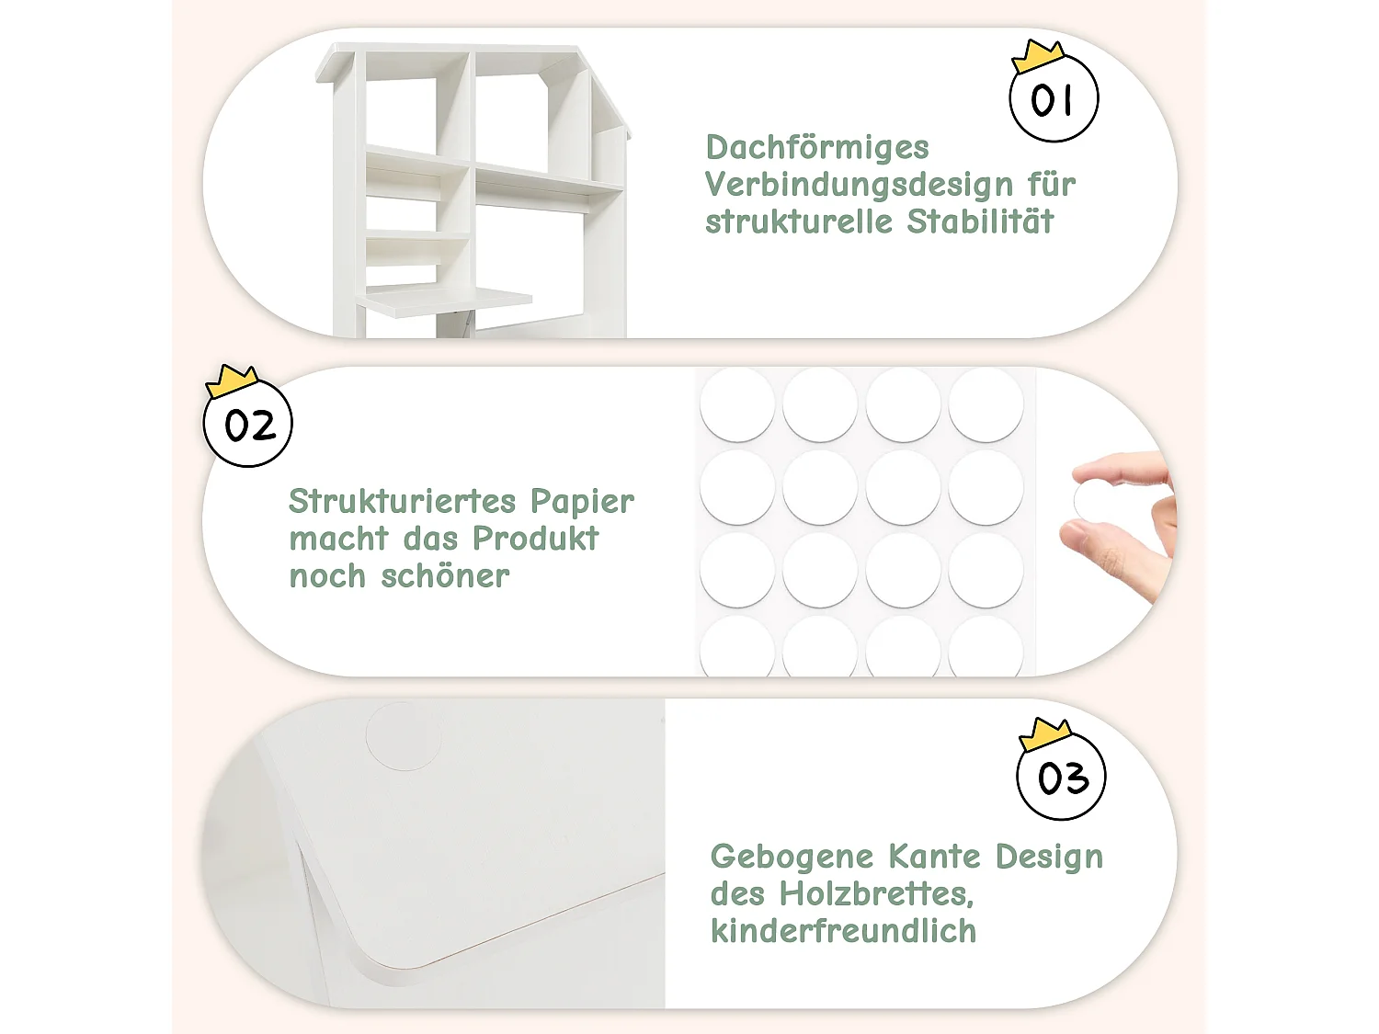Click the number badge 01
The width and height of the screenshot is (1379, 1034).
click(x=1054, y=99)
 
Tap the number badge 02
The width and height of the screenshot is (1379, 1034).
click(x=247, y=425)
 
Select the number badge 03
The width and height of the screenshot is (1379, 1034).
click(x=1062, y=778)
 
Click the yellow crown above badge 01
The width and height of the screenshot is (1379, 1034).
click(x=1038, y=55)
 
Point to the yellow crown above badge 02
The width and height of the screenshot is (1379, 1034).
click(x=232, y=380)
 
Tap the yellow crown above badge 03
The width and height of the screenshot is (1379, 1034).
click(x=1046, y=733)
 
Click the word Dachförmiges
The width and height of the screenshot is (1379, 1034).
click(x=817, y=148)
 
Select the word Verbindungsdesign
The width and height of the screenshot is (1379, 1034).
click(x=859, y=185)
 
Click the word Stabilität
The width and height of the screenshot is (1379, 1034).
click(x=980, y=222)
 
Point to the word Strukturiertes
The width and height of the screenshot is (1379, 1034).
click(x=402, y=502)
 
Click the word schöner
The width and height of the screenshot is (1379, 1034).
click(x=445, y=576)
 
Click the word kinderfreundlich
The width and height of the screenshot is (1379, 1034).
click(x=843, y=931)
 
